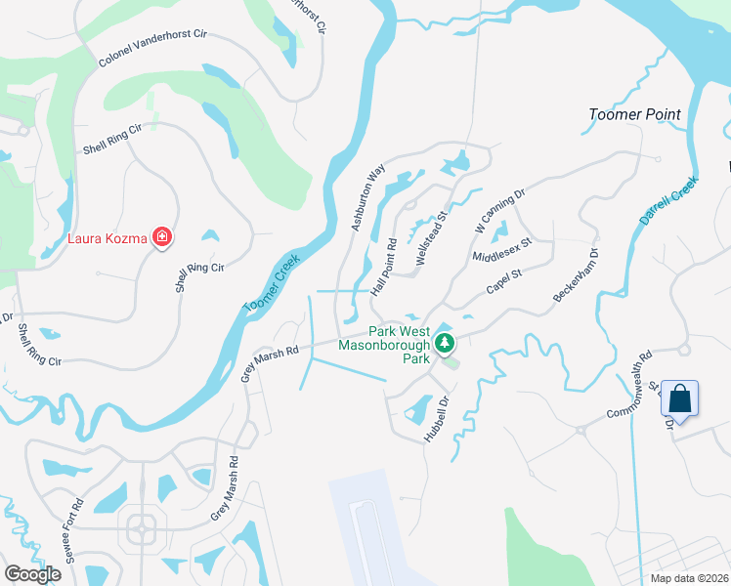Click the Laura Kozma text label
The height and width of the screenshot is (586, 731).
pyautogui.click(x=107, y=237)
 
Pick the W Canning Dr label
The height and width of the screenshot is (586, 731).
pyautogui.click(x=499, y=209)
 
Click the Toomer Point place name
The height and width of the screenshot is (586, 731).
pyautogui.click(x=634, y=114)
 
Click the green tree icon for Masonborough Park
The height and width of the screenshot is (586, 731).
pyautogui.click(x=445, y=343)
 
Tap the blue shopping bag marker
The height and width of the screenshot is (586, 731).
pyautogui.click(x=679, y=399)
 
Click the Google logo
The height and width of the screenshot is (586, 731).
pyautogui.click(x=32, y=573)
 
